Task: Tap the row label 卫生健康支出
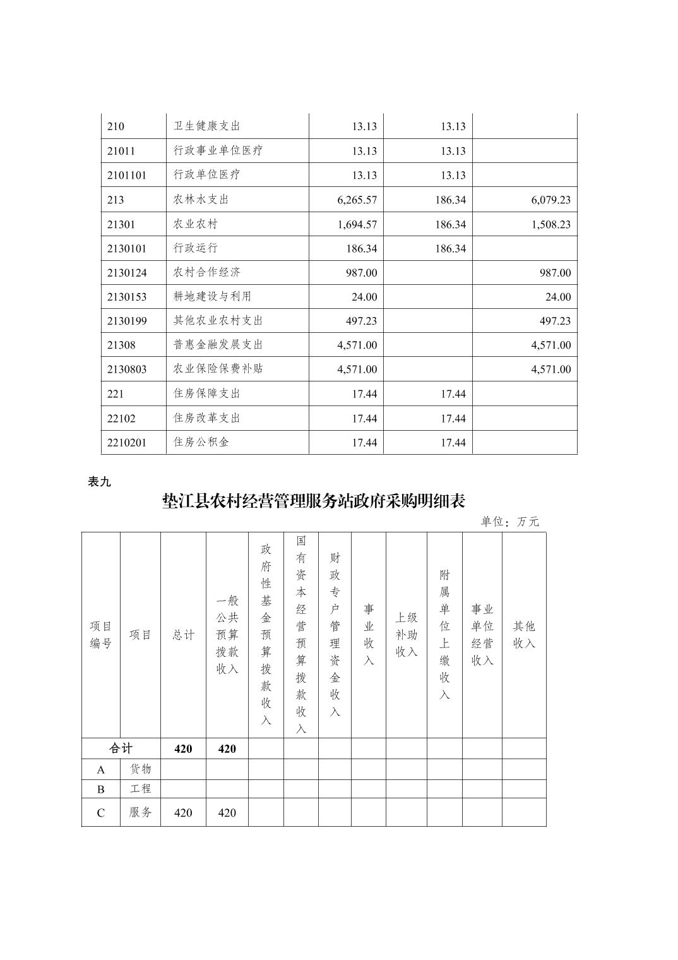point(207,126)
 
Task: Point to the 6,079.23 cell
point(550,200)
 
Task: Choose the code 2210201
point(126,443)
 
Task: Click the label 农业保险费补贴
point(218,369)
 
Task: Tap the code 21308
point(121,345)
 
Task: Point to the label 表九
point(99,482)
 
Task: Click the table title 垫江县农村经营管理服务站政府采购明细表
point(314,501)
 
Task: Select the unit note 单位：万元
point(510,522)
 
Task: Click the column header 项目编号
point(100,635)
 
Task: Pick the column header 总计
point(183,635)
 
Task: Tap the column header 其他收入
point(524,635)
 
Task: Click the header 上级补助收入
point(407,635)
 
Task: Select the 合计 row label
point(121,748)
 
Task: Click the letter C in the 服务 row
point(100,813)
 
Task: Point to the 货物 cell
point(140,769)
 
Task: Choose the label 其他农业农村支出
point(218,321)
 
